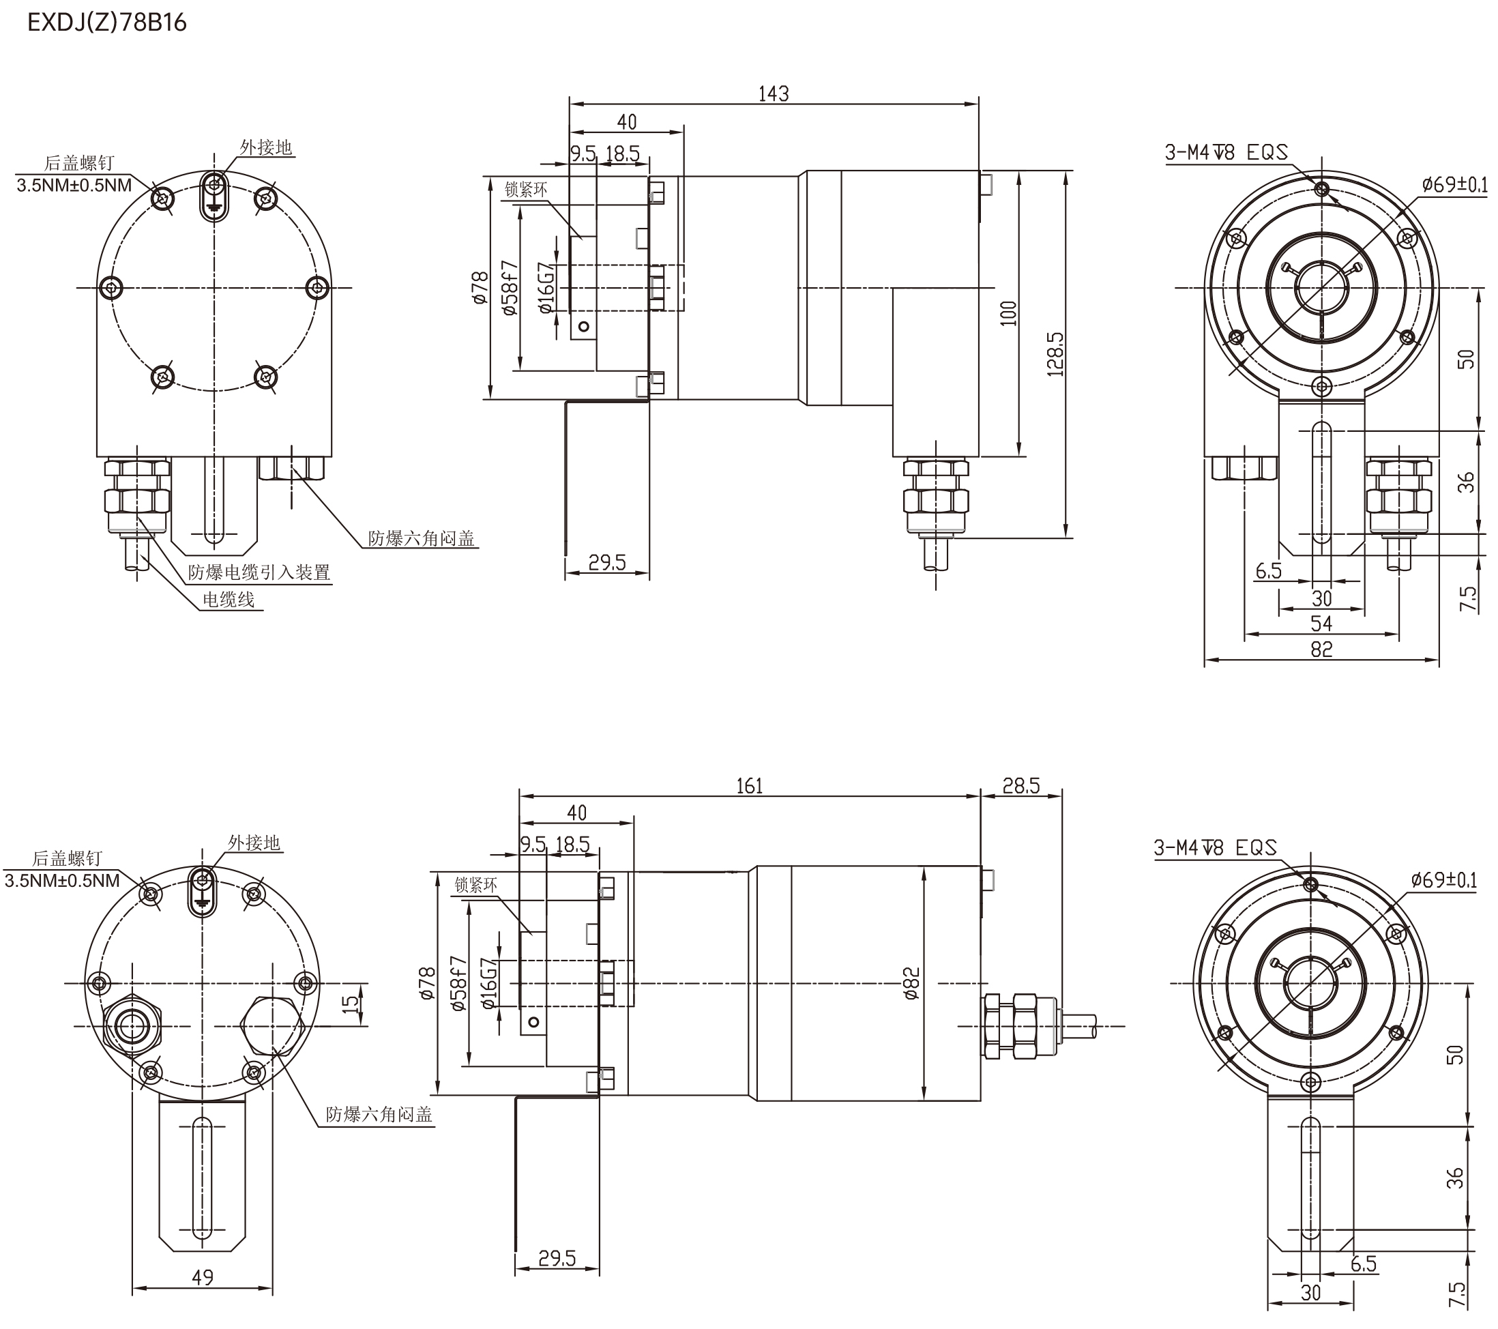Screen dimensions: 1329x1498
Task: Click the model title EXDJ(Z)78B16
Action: pyautogui.click(x=107, y=23)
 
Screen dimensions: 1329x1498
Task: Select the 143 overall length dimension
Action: pyautogui.click(x=773, y=94)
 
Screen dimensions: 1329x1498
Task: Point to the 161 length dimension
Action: pyautogui.click(x=749, y=786)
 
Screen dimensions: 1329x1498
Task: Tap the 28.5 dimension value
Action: pyautogui.click(x=1021, y=786)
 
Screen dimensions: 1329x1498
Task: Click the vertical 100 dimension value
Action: pyautogui.click(x=1008, y=313)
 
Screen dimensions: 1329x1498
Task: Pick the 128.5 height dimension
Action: pyautogui.click(x=1055, y=354)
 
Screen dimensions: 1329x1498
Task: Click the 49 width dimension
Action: pyautogui.click(x=203, y=1278)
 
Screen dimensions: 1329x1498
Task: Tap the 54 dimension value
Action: pyautogui.click(x=1321, y=624)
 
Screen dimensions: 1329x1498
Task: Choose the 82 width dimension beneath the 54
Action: pyautogui.click(x=1321, y=649)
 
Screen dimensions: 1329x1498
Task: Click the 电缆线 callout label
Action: pyautogui.click(x=229, y=600)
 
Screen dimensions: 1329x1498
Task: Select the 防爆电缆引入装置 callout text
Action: pyautogui.click(x=259, y=572)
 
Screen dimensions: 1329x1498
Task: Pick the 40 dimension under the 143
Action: pyautogui.click(x=627, y=121)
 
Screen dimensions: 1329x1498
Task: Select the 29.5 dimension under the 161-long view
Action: pyautogui.click(x=557, y=1259)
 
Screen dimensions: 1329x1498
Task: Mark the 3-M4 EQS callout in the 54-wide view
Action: pyautogui.click(x=1226, y=152)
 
